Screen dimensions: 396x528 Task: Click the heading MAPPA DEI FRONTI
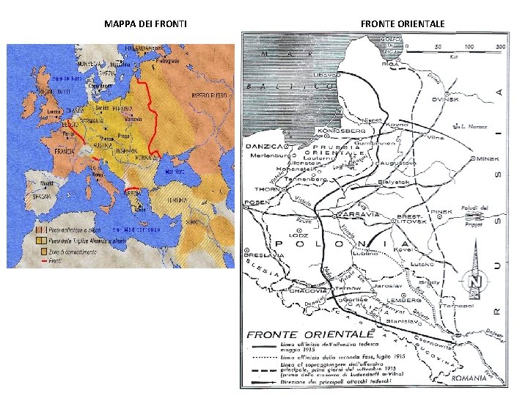point(145,24)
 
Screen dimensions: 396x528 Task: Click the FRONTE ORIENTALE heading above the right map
point(403,24)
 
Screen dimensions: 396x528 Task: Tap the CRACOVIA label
point(307,291)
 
